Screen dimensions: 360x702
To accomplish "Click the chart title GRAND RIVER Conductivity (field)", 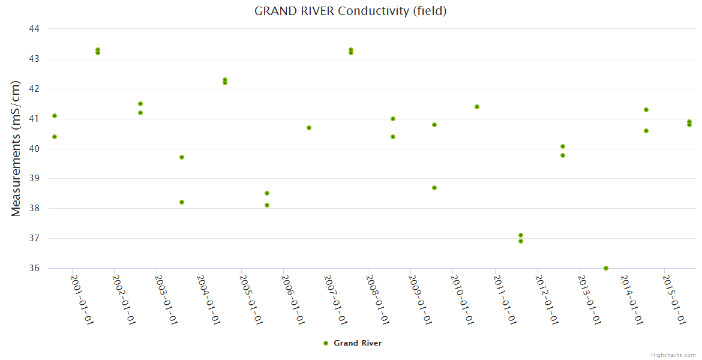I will tap(350, 11).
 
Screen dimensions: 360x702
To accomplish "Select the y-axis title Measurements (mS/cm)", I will tap(16, 148).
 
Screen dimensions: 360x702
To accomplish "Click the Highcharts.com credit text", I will tap(673, 355).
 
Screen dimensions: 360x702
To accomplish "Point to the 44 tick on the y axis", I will tap(34, 29).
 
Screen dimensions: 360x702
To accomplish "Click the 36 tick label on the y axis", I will tap(34, 268).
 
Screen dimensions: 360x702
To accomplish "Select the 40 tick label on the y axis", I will tap(34, 149).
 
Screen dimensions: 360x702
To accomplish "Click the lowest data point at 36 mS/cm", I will tap(606, 268).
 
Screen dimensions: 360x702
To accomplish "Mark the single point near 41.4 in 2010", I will tap(477, 107).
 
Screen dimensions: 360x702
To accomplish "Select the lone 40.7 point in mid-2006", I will tap(309, 128).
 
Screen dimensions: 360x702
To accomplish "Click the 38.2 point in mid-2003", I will tap(182, 202).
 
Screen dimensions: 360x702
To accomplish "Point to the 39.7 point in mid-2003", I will tap(182, 157).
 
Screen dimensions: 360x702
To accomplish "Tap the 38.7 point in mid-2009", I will tap(434, 188).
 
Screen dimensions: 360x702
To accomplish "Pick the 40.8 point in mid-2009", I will tap(434, 125).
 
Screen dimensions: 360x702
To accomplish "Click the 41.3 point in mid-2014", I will tap(646, 110).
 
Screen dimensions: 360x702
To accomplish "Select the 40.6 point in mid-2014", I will tap(646, 131).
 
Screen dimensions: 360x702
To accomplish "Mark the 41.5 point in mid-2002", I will tap(140, 104).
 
